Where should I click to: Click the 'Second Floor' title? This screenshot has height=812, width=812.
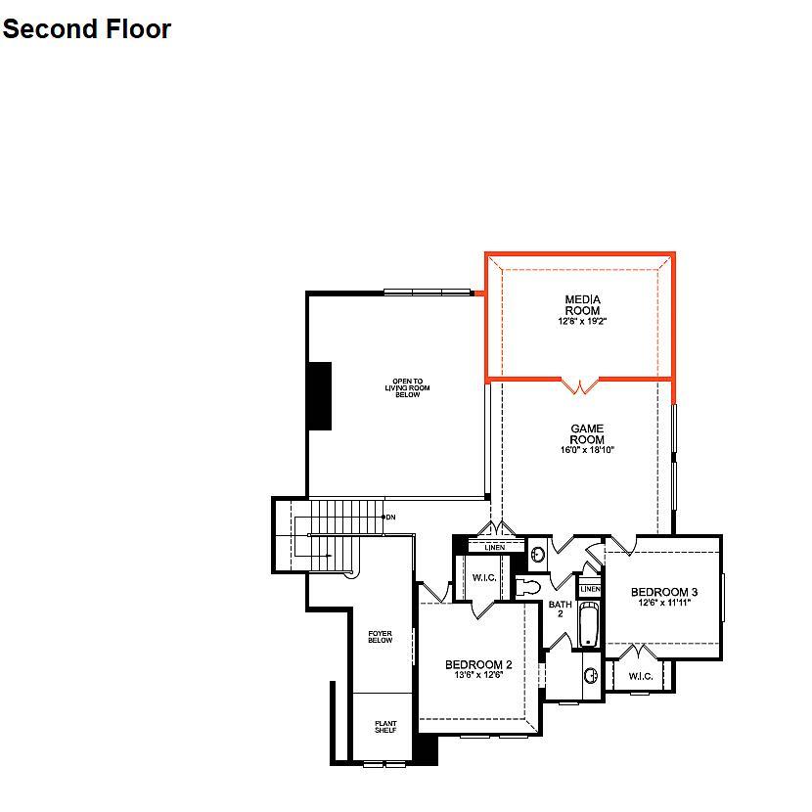tap(86, 29)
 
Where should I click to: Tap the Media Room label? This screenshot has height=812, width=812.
tap(583, 305)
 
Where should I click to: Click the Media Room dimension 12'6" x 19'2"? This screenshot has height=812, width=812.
tap(583, 321)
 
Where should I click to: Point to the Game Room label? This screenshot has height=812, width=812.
tap(587, 434)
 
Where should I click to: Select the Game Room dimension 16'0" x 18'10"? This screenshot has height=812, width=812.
tap(587, 450)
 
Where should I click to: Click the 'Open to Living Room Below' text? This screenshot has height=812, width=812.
tap(408, 387)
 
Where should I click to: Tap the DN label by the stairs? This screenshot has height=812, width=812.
tap(391, 517)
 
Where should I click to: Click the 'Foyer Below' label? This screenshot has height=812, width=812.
tap(381, 637)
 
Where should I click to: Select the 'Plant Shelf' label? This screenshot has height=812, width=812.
tap(385, 727)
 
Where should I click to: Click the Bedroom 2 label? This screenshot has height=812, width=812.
tap(478, 664)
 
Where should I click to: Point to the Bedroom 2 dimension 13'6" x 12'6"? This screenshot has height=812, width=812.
tap(478, 675)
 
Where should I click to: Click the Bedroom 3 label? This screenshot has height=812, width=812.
tap(664, 592)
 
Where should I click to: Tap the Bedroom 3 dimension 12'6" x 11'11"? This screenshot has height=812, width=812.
tap(664, 603)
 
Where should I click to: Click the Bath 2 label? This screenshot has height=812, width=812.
tap(561, 609)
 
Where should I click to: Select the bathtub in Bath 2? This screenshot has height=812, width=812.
tap(589, 624)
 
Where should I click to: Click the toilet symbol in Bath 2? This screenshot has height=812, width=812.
tap(527, 588)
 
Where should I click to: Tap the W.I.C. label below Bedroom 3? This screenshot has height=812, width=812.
tap(641, 676)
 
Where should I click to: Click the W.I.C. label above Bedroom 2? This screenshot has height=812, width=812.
tap(484, 577)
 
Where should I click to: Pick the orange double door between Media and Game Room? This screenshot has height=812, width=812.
tap(580, 385)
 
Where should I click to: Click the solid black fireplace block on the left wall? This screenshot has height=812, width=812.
tap(320, 396)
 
